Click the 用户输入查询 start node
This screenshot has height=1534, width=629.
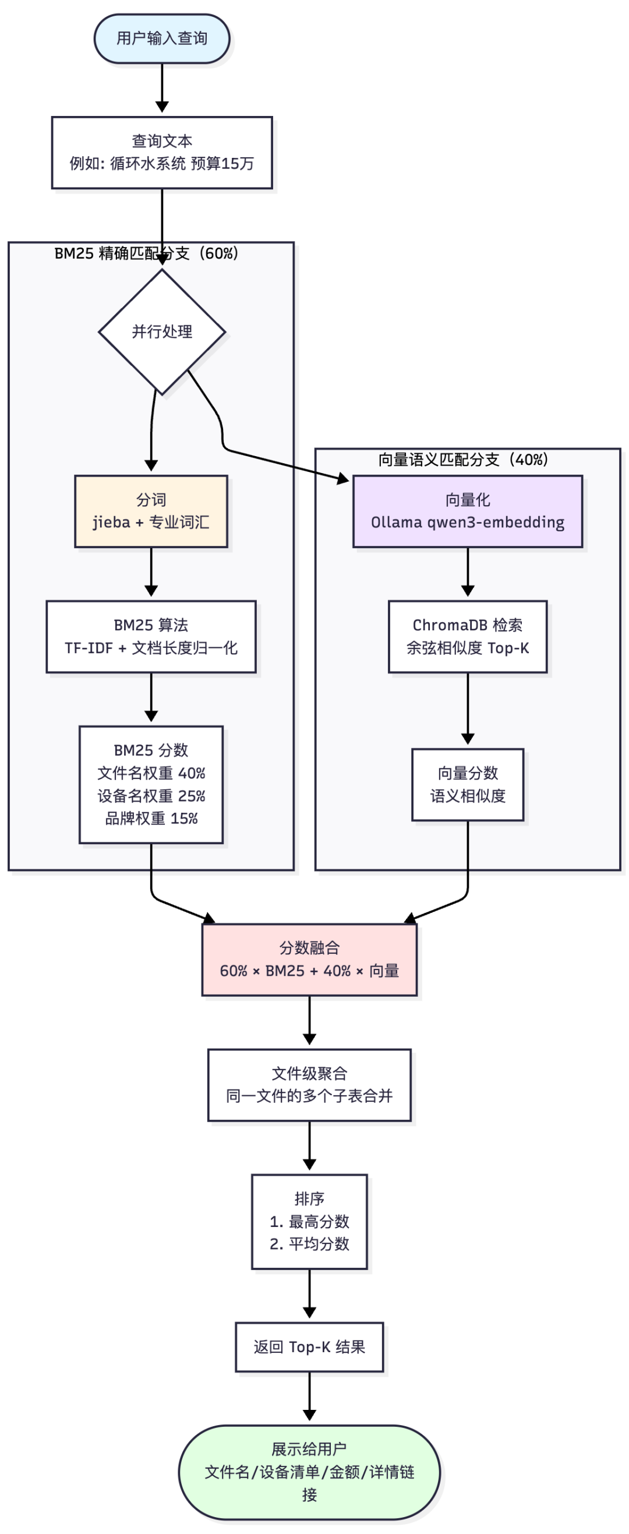coord(162,38)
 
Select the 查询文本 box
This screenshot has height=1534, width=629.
coord(162,153)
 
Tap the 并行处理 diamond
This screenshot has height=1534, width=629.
coord(162,332)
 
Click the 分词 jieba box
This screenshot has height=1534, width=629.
coord(151,511)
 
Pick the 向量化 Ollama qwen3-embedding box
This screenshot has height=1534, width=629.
coord(467,511)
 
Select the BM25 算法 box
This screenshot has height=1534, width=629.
coord(151,637)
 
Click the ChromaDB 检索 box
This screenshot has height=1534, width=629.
coord(467,637)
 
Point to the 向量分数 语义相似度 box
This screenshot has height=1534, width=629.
coord(467,784)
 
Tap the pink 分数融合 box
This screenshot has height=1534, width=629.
coord(309,960)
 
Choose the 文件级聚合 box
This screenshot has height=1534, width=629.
coord(309,1084)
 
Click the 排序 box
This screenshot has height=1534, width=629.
coord(309,1221)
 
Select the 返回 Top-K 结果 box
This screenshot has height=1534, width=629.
coord(309,1347)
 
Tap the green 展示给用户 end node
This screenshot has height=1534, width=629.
coord(309,1472)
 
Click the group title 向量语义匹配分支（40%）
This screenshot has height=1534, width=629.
coord(463,460)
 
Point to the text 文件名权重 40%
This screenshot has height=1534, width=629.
coord(151,773)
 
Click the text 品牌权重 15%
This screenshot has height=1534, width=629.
coord(151,818)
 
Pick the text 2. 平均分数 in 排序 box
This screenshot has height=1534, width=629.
coord(309,1244)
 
